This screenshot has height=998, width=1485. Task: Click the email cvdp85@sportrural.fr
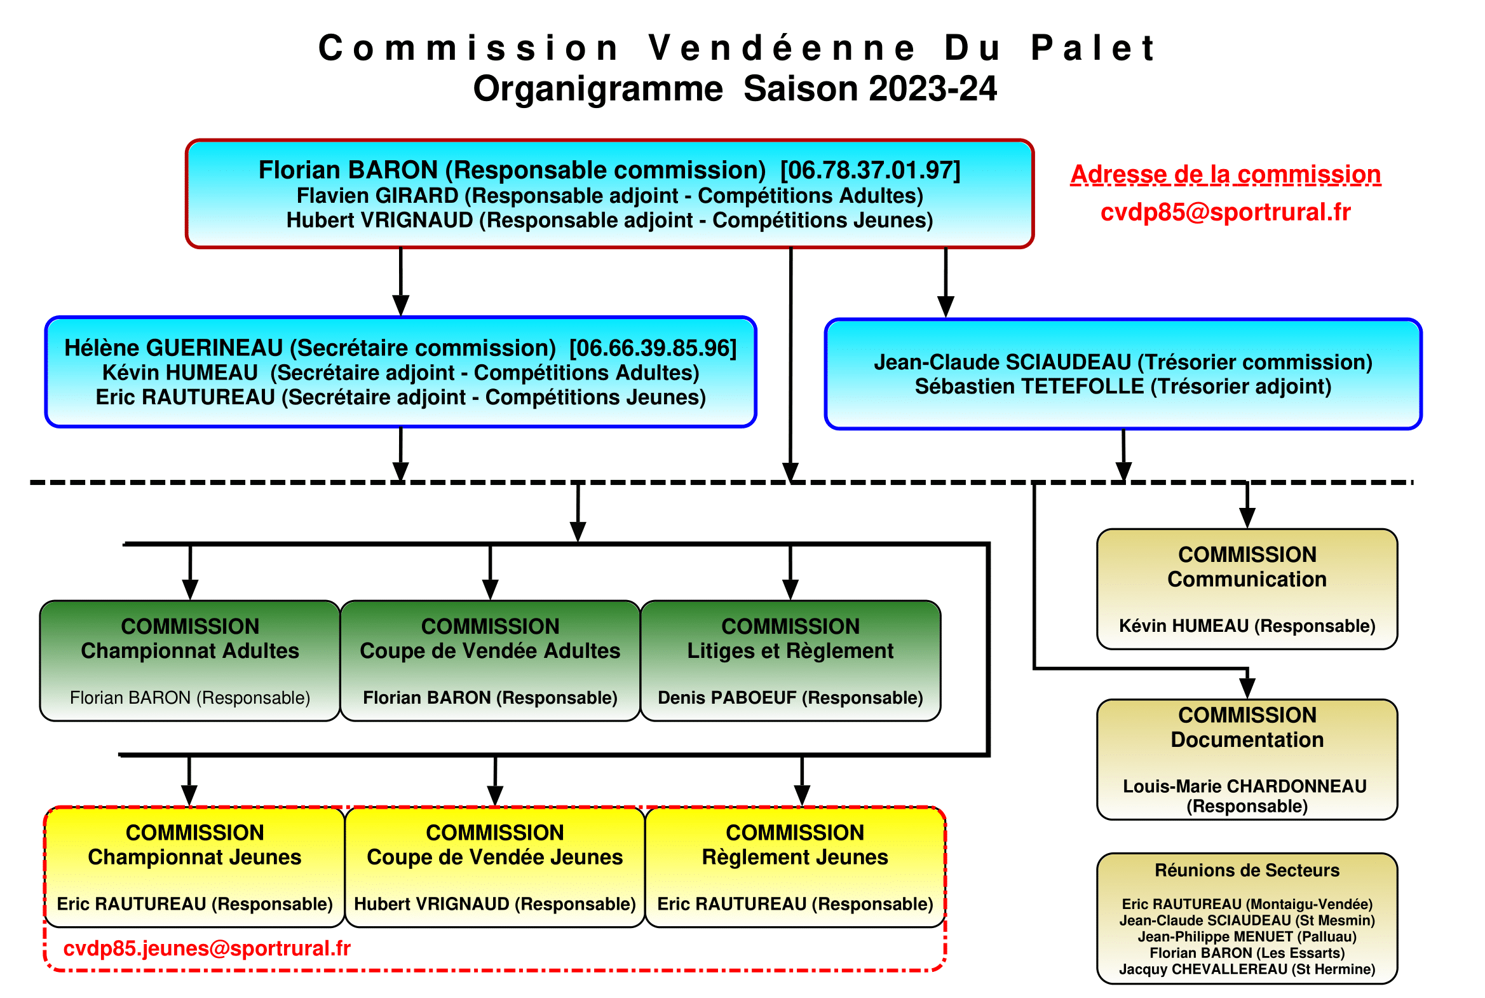pyautogui.click(x=1224, y=212)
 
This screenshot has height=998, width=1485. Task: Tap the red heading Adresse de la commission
pyautogui.click(x=1224, y=174)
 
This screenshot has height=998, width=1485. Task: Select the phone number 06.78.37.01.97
pyautogui.click(x=871, y=170)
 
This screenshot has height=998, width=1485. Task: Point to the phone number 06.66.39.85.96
pyautogui.click(x=653, y=348)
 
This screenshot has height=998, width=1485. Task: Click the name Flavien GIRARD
pyautogui.click(x=377, y=195)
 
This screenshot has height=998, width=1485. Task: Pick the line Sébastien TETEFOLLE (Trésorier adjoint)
pyautogui.click(x=1123, y=386)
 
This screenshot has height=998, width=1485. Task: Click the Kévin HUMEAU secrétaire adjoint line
pyautogui.click(x=401, y=373)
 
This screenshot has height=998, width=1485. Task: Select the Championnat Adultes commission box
pyautogui.click(x=189, y=660)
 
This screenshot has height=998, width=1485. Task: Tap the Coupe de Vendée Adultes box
pyautogui.click(x=490, y=660)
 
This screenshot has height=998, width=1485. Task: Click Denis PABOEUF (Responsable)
pyautogui.click(x=790, y=697)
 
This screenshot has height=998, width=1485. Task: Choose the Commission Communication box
pyautogui.click(x=1247, y=589)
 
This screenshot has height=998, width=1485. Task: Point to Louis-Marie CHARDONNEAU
pyautogui.click(x=1245, y=786)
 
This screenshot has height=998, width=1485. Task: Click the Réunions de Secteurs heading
pyautogui.click(x=1247, y=870)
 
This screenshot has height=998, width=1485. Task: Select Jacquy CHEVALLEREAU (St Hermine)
pyautogui.click(x=1247, y=969)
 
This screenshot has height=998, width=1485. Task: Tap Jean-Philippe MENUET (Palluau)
pyautogui.click(x=1247, y=936)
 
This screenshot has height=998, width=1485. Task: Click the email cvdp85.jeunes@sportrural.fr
pyautogui.click(x=207, y=948)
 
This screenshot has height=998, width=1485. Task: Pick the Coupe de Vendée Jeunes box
pyautogui.click(x=495, y=867)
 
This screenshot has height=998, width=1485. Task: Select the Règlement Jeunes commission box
pyautogui.click(x=796, y=867)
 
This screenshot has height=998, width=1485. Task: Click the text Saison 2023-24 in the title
pyautogui.click(x=870, y=88)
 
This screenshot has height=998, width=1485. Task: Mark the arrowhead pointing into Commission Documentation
pyautogui.click(x=1247, y=688)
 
